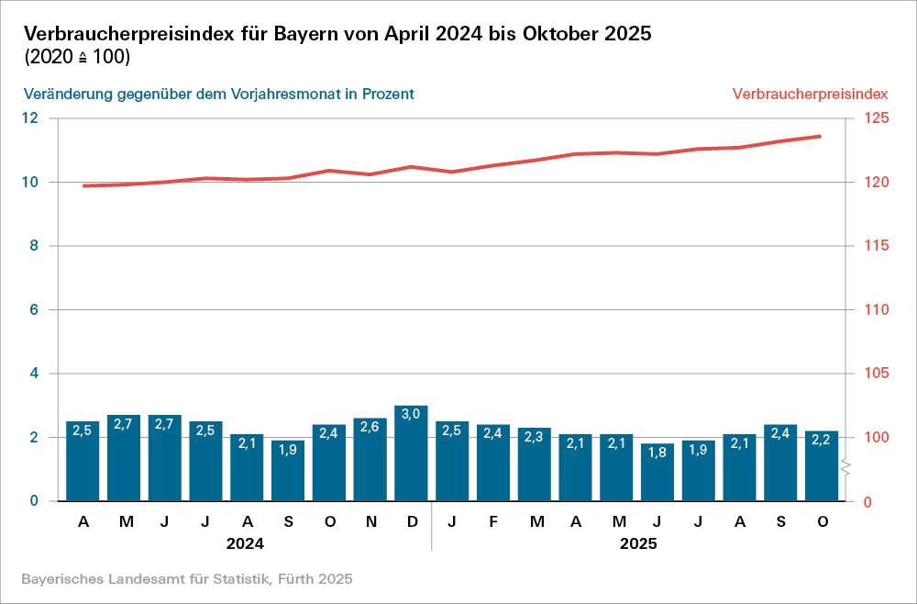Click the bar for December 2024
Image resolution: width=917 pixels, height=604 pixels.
(411, 453)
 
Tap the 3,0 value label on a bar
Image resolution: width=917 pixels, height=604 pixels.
(411, 414)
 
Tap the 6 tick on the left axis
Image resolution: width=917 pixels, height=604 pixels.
(34, 310)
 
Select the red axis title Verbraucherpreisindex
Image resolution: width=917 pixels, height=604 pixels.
(809, 94)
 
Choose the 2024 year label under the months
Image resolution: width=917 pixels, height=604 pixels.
(246, 543)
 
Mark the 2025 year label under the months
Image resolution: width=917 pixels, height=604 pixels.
(638, 543)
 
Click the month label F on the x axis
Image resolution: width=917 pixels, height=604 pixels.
(493, 522)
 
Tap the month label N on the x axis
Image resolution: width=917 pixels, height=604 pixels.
(370, 522)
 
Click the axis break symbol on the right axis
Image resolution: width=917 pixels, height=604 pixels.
(848, 469)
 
